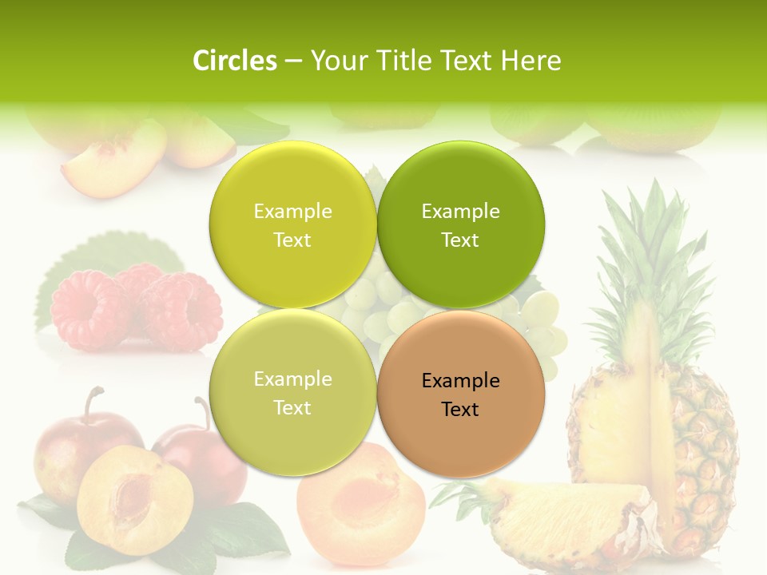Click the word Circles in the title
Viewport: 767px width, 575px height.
tap(234, 61)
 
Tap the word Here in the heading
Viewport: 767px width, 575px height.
tap(531, 61)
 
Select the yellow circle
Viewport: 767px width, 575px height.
tap(292, 224)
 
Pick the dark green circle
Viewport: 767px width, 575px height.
tap(461, 224)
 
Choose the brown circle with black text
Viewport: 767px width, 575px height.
tap(461, 394)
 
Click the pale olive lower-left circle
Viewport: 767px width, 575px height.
tap(292, 392)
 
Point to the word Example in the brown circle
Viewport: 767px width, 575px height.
tap(461, 381)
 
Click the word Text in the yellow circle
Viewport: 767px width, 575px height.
tap(292, 240)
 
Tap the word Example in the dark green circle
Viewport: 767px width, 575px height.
tap(461, 212)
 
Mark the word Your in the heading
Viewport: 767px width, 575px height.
tap(337, 61)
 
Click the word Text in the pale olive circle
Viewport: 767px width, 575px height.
tap(292, 408)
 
